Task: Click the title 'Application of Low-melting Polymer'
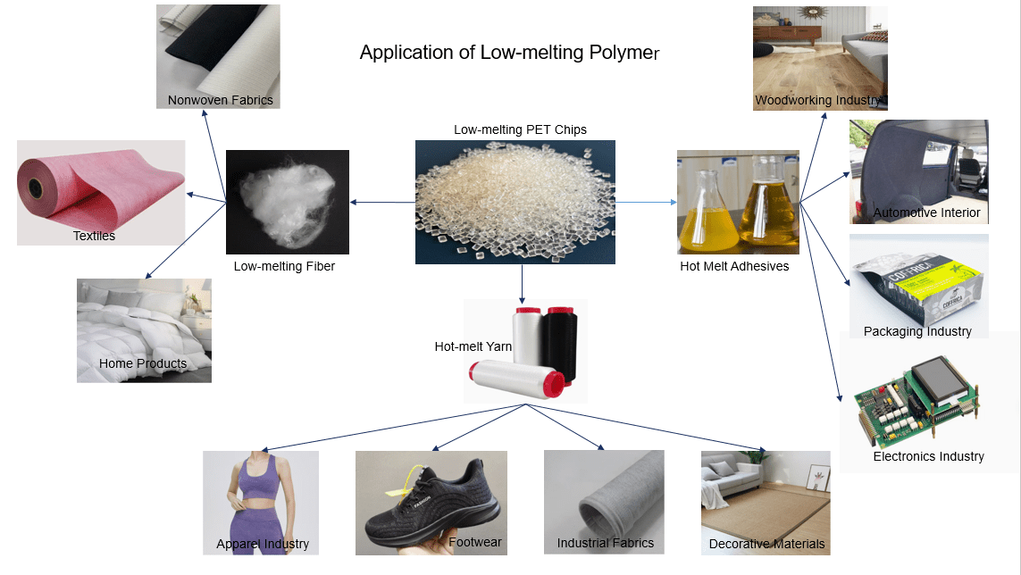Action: coord(509,53)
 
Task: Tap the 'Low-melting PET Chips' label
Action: coord(520,129)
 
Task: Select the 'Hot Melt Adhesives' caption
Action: coord(734,266)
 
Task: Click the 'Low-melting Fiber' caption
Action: coord(284,266)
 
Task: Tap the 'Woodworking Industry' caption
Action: coord(818,100)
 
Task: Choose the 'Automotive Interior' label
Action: coord(926,212)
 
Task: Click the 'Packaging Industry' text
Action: coord(917,331)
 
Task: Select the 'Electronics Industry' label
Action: coord(928,456)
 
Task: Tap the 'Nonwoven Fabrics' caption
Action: coord(221,100)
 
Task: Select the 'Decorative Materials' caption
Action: coord(766,544)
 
